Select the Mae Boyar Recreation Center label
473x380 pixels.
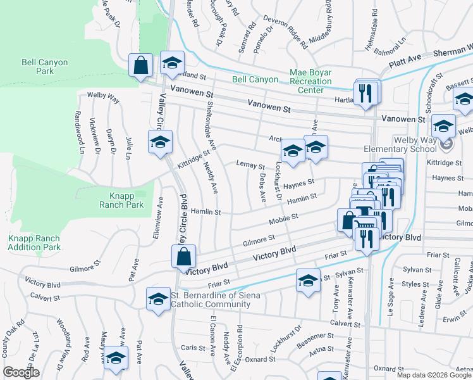(x=310, y=81)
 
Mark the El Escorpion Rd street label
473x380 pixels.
(x=239, y=346)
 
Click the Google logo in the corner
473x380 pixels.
(x=21, y=372)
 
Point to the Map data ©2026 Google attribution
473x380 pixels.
(x=434, y=375)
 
